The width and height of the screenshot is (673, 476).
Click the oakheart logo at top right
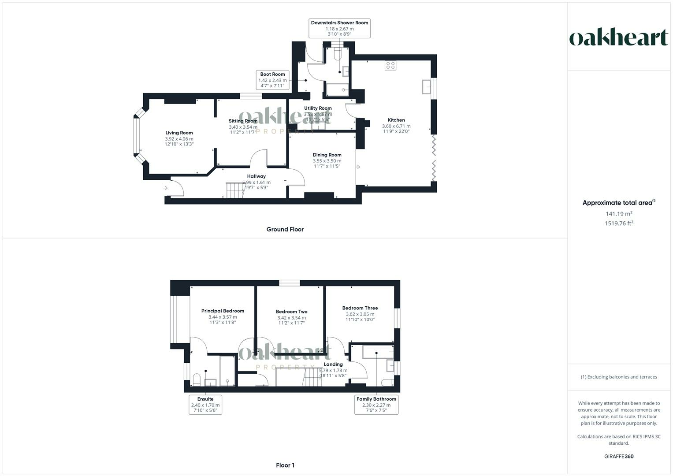pos(618,38)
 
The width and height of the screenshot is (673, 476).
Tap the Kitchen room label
pos(396,120)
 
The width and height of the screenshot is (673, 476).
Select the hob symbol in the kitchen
pos(390,66)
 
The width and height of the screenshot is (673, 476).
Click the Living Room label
pos(179,133)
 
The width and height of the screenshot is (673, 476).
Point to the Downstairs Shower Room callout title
pos(339,23)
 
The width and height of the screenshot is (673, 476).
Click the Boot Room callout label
pos(272,74)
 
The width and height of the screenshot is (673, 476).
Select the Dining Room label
pos(327,155)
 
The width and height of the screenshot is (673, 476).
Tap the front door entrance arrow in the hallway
pos(166,188)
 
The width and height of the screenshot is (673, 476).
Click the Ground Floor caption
pos(285,229)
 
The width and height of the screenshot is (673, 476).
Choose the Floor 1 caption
pos(285,465)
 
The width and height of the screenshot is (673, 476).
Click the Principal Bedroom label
pos(223,311)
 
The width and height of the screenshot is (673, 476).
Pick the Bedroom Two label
pos(291,312)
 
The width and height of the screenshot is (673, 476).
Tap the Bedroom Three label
pos(360,308)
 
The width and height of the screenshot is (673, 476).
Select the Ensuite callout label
pos(205,399)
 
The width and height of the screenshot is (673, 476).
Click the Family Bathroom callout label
pos(376,399)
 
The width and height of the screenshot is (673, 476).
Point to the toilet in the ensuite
pos(197,380)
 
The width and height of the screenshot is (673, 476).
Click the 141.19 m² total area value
pos(619,214)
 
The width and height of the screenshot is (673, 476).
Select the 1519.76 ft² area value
pos(619,223)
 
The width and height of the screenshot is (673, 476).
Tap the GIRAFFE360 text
pos(619,456)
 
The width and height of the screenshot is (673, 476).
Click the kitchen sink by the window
pos(427,87)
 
